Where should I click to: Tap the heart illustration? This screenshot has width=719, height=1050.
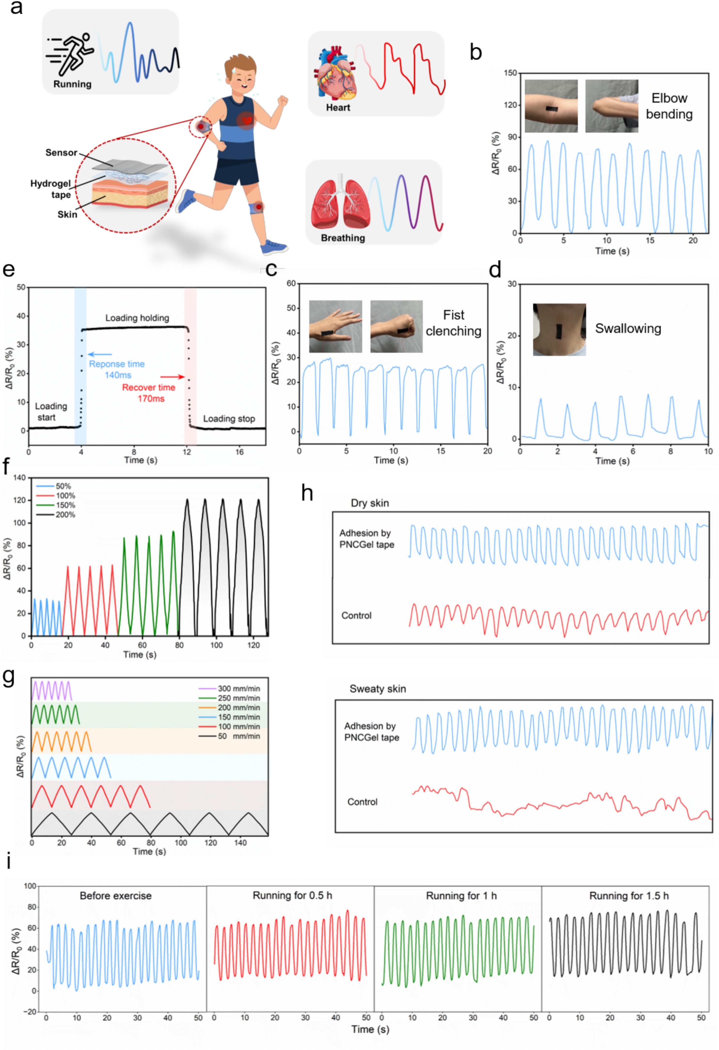click(x=336, y=73)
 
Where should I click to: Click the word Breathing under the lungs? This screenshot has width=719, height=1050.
click(x=343, y=238)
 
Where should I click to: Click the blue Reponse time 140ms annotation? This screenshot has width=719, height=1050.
click(x=116, y=369)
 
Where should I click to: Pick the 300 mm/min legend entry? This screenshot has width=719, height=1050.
click(x=238, y=688)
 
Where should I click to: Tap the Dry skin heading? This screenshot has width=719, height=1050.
click(x=369, y=503)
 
